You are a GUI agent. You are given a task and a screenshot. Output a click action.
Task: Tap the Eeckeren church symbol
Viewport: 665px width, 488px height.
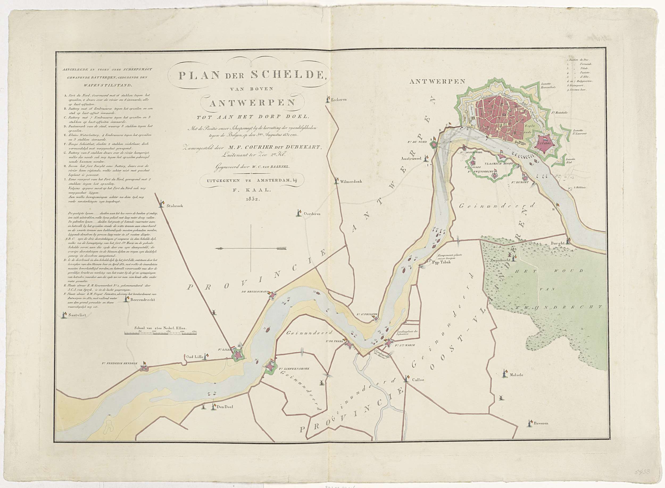click(x=328, y=99)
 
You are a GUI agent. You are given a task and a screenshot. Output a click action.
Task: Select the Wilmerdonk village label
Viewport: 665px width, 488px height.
click(x=351, y=181)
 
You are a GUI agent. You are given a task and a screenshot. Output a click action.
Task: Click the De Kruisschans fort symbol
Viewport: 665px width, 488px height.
click(x=272, y=295)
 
